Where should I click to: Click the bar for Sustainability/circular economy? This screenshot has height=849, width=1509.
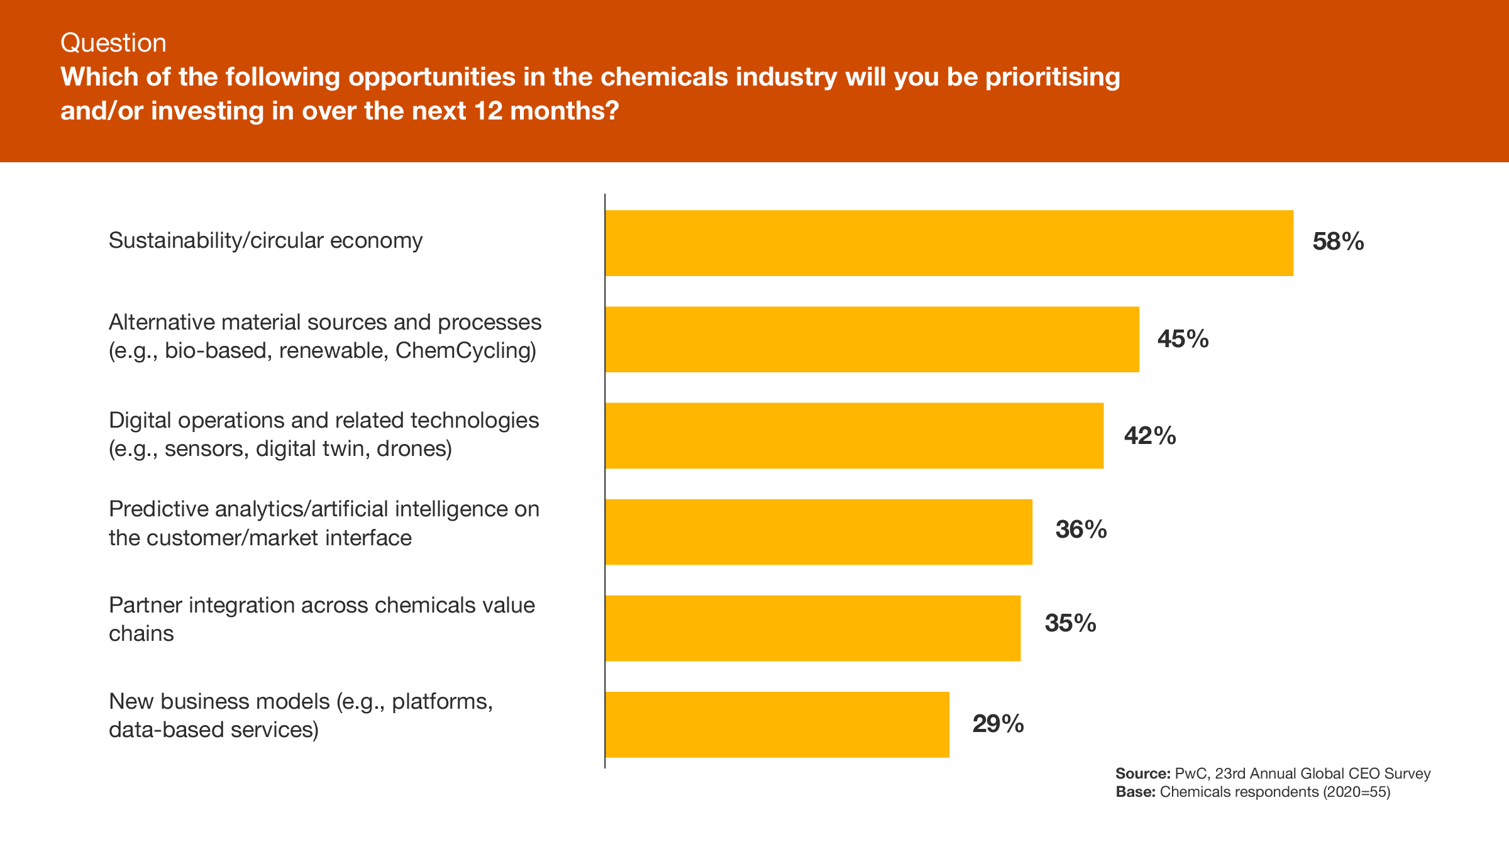tap(949, 243)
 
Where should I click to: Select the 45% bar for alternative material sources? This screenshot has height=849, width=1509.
tap(872, 340)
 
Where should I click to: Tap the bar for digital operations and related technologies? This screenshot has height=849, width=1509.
tap(854, 436)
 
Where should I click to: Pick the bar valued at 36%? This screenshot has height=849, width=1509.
tap(819, 532)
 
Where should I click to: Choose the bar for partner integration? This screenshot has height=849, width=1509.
tap(812, 628)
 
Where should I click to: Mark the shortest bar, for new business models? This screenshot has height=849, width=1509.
tap(777, 724)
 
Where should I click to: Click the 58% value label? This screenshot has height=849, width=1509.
tap(1338, 242)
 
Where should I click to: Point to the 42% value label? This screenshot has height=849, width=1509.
tap(1150, 436)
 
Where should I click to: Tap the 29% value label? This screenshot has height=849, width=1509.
tap(998, 724)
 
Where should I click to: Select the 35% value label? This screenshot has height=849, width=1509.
tap(1070, 623)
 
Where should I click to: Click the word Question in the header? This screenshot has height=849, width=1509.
tap(113, 43)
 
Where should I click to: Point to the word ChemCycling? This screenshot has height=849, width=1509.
tap(465, 350)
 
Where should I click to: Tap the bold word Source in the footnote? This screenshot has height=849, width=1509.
tap(1142, 774)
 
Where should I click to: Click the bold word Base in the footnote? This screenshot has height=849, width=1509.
tap(1135, 792)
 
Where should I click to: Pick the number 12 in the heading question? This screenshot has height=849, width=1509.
tap(488, 111)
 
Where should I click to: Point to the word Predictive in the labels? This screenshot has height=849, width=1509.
tap(159, 509)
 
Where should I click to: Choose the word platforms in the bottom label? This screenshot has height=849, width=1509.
tap(441, 701)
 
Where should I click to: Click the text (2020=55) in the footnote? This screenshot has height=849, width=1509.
tap(1356, 792)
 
